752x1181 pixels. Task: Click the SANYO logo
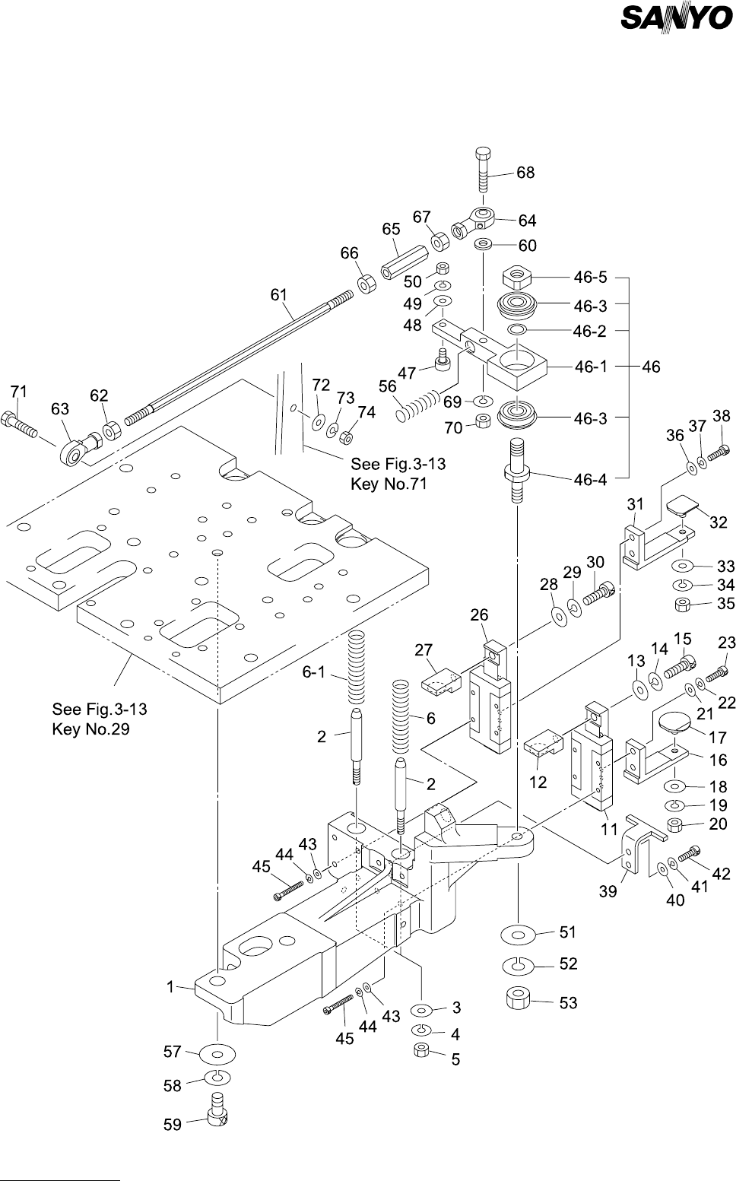click(x=677, y=18)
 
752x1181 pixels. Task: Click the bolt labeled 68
click(x=483, y=171)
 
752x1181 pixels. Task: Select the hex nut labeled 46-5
click(x=516, y=277)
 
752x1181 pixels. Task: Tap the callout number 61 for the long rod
click(x=279, y=295)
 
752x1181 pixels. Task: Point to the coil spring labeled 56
click(x=417, y=405)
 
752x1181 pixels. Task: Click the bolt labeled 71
click(x=20, y=424)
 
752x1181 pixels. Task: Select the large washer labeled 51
click(x=518, y=935)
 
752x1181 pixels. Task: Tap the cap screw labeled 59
click(x=217, y=1109)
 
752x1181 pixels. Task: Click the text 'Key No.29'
click(x=90, y=730)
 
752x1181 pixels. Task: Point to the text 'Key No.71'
click(x=389, y=484)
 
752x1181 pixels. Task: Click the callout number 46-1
click(x=591, y=367)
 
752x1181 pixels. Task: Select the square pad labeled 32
click(x=682, y=505)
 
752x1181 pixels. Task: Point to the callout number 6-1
click(x=313, y=672)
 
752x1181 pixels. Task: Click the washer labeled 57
click(x=217, y=1054)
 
